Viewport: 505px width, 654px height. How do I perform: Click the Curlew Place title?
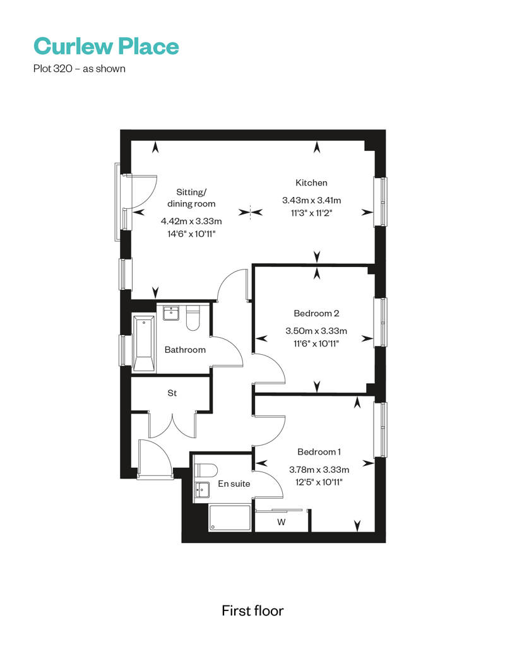coord(106,46)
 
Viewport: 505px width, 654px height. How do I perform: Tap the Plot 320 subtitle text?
coord(80,68)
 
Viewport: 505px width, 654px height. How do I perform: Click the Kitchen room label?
coord(311,182)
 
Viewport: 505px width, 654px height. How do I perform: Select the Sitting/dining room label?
coord(191,198)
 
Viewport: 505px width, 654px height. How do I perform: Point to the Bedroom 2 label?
coord(316,313)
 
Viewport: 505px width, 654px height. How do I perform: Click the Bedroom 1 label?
coord(319,452)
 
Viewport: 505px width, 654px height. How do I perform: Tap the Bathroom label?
coord(185,350)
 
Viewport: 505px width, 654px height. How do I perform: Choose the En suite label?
coord(234,484)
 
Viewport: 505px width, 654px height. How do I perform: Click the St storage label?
coord(172,393)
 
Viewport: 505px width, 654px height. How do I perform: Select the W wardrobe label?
coord(282,522)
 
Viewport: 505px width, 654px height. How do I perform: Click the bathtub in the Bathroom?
coord(144,343)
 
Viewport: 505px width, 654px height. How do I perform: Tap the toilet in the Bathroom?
coord(193,318)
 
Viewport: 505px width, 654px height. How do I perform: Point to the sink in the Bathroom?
coord(171,313)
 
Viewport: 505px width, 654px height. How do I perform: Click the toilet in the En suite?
coord(206,470)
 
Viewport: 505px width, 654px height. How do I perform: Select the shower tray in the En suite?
coord(230,518)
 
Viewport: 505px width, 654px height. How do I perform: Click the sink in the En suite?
coord(202,489)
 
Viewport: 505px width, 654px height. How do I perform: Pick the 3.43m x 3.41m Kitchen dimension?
coord(311,200)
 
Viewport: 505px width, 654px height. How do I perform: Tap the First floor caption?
coord(252,610)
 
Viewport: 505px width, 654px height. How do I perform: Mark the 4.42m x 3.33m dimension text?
coord(191,221)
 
